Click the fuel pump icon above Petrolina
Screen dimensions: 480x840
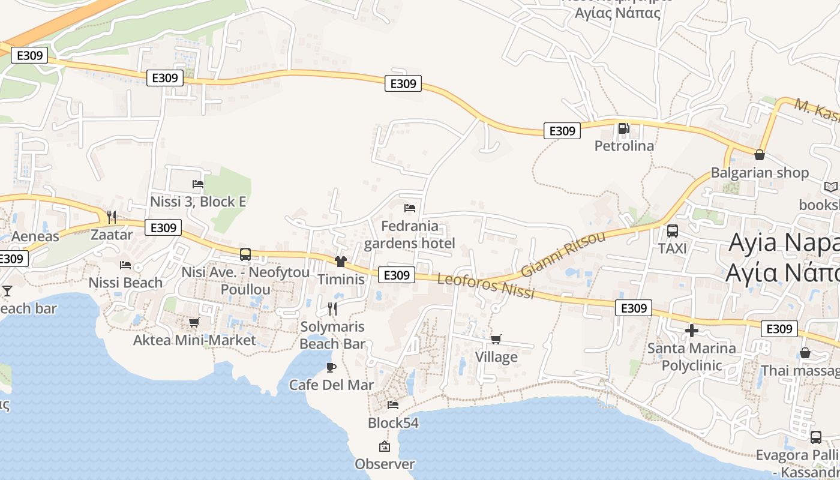coord(624,128)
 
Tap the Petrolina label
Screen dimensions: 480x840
coord(624,146)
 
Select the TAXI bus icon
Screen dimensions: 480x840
coord(673,231)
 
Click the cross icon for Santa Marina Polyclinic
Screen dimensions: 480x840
coord(692,331)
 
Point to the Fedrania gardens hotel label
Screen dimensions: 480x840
coord(410,235)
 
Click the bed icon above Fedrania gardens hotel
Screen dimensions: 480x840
coord(410,208)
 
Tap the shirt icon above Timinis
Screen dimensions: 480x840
coord(341,262)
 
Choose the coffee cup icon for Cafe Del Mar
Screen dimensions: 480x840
coord(331,367)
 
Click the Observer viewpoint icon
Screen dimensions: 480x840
coord(385,446)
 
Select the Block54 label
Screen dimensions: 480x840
coord(393,423)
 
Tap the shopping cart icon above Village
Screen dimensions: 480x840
coord(496,340)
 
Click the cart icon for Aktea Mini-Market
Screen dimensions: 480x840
coord(194,323)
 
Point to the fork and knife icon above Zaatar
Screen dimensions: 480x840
coord(112,217)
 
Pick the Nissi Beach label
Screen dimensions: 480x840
coord(125,283)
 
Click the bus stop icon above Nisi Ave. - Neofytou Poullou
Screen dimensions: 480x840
coord(245,254)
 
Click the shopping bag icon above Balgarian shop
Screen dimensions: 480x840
coord(760,155)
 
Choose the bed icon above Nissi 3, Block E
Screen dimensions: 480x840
coord(198,184)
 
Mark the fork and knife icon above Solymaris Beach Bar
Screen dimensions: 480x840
coord(332,309)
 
